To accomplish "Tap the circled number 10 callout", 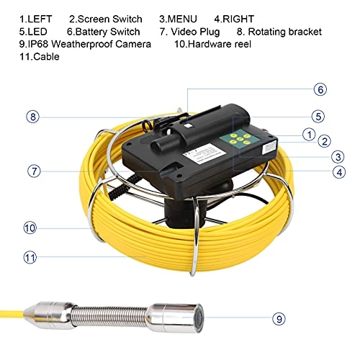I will tap(30, 228).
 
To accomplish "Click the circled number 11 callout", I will tap(30, 256).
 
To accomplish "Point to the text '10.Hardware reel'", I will tap(217, 44).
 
